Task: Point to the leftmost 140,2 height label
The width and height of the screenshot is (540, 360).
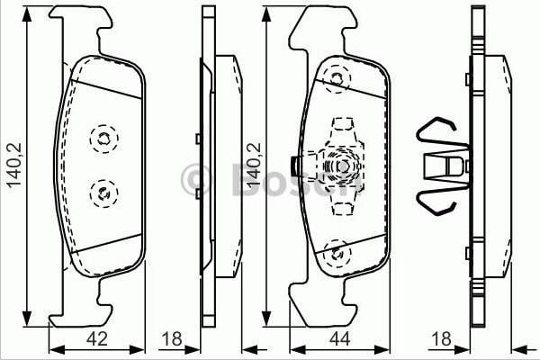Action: tap(13, 165)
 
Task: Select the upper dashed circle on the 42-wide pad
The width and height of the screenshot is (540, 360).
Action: tap(103, 138)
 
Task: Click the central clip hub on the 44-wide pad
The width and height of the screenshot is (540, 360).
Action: tap(343, 166)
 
